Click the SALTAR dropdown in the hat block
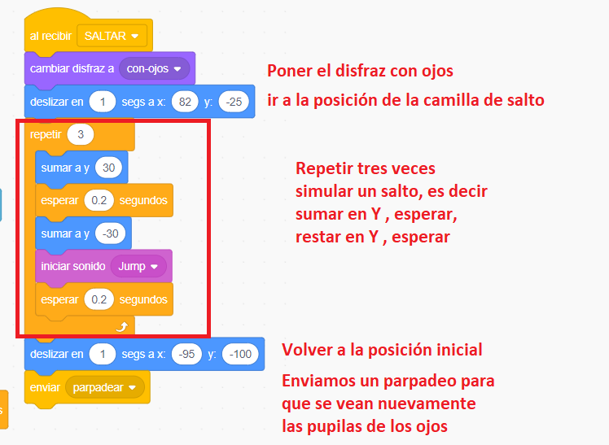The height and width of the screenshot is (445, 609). pos(112,36)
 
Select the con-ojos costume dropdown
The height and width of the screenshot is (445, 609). pos(154,68)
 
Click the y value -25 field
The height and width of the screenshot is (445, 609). pos(234,101)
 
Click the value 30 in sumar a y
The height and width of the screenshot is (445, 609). pos(108,168)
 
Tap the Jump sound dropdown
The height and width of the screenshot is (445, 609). pos(138,266)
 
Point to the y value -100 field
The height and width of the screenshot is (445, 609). pos(243,354)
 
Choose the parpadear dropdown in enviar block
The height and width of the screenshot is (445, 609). pos(103,387)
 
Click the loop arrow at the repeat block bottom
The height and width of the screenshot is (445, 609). pos(123,325)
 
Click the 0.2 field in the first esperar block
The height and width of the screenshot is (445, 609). pos(98,200)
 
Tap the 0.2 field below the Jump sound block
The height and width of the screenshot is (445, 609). pos(98,299)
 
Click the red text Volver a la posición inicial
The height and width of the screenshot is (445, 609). pos(382,350)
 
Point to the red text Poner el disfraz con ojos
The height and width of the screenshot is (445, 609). pos(360,70)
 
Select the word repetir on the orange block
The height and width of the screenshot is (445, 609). pos(45,134)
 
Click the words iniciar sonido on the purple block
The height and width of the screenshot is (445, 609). pos(72,266)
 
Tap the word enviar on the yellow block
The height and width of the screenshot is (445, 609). pos(45,387)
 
